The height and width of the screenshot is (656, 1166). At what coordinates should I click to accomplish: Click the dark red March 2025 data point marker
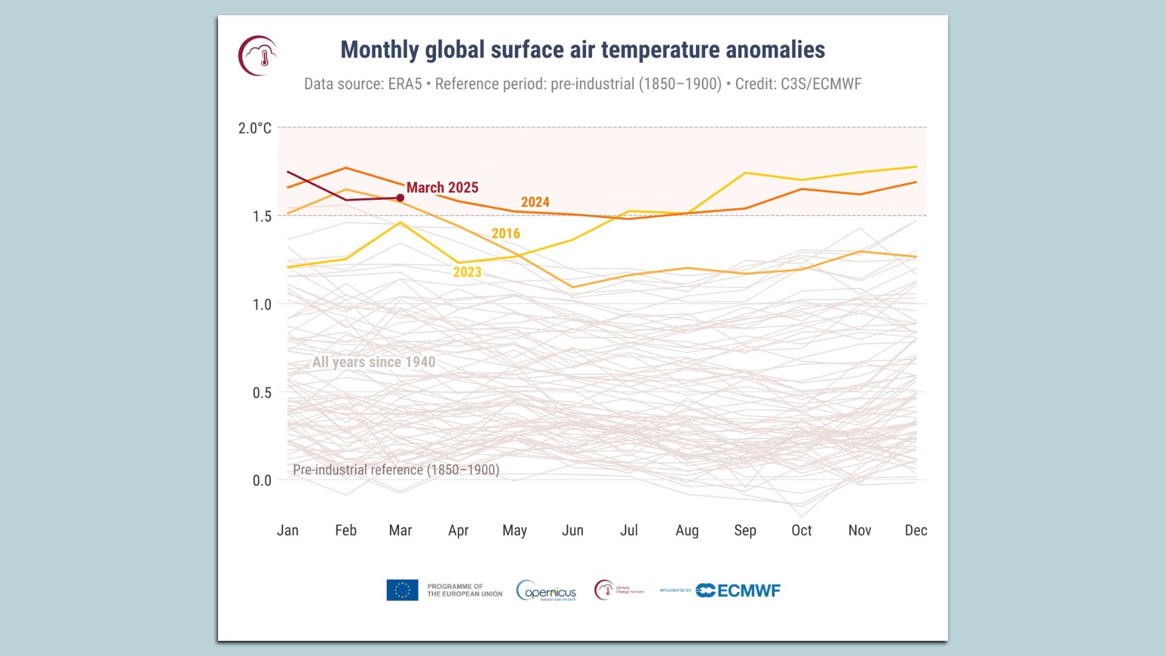(400, 197)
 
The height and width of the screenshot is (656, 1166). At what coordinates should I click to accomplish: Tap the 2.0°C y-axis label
(254, 128)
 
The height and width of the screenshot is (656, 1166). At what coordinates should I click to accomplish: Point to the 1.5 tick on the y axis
(262, 216)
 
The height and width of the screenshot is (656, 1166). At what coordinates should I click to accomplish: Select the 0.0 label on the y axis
(262, 480)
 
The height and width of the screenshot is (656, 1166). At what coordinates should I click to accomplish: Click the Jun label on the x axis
(573, 530)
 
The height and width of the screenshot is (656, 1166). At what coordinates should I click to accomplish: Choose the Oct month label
(802, 530)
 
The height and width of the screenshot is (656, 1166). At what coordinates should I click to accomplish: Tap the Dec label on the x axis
(916, 530)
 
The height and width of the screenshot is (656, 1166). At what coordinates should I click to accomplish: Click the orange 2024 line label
(535, 202)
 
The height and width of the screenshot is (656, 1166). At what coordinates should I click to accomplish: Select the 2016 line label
(506, 233)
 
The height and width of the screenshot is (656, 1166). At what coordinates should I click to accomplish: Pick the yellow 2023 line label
(467, 272)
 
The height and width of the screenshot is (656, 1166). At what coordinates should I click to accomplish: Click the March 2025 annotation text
(442, 188)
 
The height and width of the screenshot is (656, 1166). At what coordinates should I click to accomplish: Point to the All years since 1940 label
(373, 362)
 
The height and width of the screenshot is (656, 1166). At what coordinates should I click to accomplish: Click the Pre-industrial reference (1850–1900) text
(396, 470)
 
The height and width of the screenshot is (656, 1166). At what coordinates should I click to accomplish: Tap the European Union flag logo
(402, 590)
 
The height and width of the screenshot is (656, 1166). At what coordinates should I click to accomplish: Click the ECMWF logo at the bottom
(738, 590)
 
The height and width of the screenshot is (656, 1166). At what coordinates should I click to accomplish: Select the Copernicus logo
(546, 590)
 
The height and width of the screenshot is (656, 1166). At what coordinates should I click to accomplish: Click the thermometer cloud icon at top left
(258, 55)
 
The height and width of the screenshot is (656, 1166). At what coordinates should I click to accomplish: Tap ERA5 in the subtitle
(404, 84)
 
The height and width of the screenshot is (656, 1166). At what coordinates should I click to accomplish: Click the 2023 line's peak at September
(745, 173)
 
